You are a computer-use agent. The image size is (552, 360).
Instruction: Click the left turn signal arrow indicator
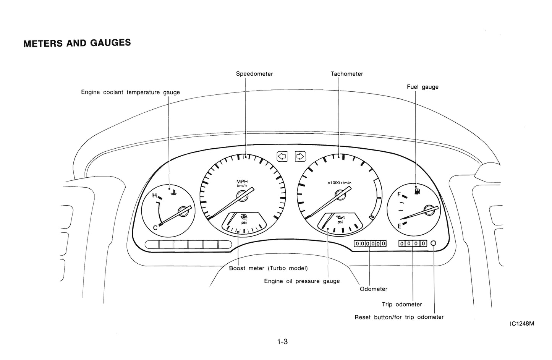pos(282,156)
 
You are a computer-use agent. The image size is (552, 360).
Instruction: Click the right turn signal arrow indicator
pos(300,156)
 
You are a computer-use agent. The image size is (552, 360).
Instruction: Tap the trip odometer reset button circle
pos(434,243)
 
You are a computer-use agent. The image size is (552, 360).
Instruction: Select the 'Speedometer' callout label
pos(254,74)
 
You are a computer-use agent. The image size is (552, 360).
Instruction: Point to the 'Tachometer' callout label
pos(347,74)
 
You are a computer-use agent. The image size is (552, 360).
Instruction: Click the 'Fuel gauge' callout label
pos(422,87)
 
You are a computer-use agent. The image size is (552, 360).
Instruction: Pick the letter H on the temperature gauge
pos(155,196)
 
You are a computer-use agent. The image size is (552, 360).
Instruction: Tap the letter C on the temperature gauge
pos(155,228)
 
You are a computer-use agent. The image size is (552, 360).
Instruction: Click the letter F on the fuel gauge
pos(399,194)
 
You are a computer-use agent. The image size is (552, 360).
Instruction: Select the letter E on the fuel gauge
pos(400,226)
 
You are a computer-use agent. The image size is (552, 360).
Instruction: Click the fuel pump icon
pos(417,190)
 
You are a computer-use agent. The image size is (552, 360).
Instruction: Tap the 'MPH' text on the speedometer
pos(242,182)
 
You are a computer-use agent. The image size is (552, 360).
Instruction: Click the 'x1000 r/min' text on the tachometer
pos(340,183)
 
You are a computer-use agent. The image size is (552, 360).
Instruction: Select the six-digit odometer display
pos(370,243)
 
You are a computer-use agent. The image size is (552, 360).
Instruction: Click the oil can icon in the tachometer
pos(339,217)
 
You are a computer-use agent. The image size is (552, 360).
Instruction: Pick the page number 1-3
pos(282,342)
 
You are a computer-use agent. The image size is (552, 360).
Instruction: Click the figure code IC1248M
pos(522,324)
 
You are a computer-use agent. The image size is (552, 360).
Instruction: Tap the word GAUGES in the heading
pos(110,43)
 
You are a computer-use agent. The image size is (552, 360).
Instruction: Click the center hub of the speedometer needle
pos(242,196)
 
